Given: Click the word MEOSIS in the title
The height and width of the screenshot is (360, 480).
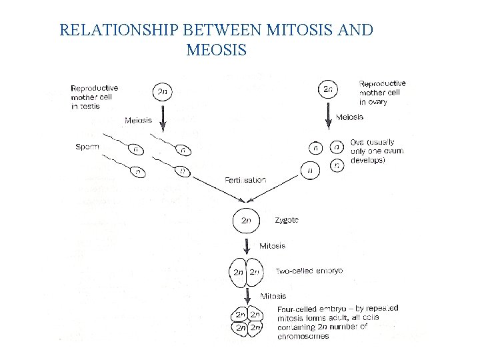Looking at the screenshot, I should point(217,50).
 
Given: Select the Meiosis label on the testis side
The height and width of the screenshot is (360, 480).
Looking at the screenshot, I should point(138,121).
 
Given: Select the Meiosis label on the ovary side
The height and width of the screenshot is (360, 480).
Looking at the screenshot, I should point(350,117).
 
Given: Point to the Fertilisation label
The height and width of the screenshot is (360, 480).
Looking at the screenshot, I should point(245,180).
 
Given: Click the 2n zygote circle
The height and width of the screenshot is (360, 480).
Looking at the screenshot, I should point(246,219).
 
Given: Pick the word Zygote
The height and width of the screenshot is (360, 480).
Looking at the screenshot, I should point(287,220).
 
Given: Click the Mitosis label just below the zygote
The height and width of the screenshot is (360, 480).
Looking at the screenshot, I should point(272,245).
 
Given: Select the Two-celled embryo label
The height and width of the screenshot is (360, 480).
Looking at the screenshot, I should point(309,271).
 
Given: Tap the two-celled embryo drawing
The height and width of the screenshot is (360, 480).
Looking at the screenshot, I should point(246,272).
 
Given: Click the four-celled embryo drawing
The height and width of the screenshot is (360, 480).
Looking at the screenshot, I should point(246,321).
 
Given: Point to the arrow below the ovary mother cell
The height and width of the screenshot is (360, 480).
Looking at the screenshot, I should point(328,117).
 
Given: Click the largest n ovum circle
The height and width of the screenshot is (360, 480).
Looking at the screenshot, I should point(310,170).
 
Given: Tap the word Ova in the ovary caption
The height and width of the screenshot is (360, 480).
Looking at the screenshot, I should point(357,143).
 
